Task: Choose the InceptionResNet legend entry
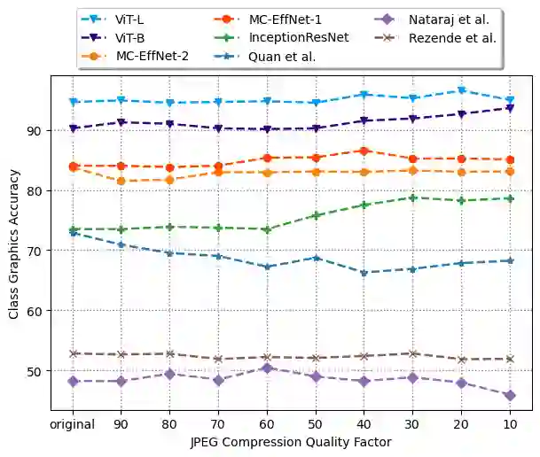point(299,38)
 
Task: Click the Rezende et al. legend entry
point(448,38)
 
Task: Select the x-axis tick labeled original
point(74,424)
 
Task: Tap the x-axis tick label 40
point(364,424)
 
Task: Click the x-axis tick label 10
point(510,424)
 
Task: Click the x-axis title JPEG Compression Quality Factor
point(292,441)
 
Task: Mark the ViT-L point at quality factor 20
point(461,90)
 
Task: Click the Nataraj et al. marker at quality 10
point(510,396)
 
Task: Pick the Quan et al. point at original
point(74,233)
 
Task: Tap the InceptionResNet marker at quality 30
point(412,198)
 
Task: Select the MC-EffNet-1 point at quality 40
point(364,151)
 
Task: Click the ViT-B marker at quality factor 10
point(510,108)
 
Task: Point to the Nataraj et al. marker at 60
point(267,368)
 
